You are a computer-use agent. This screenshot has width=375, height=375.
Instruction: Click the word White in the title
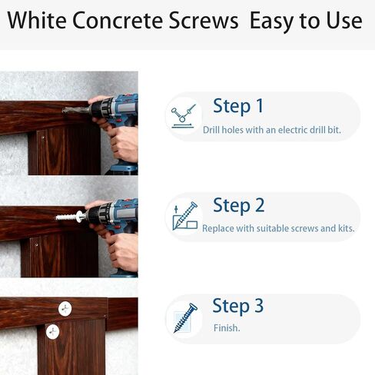tap(40, 21)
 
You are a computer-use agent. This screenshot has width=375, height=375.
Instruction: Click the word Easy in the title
tap(275, 21)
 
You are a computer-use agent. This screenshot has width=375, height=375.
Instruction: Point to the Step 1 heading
tap(237, 106)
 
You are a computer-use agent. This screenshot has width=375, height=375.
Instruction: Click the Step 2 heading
tap(238, 205)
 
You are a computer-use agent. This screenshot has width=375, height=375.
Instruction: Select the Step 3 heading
tap(237, 306)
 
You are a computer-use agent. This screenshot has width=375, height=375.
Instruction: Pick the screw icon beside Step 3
tap(185, 317)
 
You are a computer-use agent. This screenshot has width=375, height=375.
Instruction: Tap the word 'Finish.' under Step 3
tap(227, 328)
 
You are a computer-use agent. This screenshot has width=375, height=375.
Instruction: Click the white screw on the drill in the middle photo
tap(69, 217)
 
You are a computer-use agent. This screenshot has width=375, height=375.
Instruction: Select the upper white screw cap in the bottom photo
tap(64, 308)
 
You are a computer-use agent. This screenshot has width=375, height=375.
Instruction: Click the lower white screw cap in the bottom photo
tap(51, 332)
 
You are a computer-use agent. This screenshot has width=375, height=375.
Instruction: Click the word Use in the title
tap(343, 21)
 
